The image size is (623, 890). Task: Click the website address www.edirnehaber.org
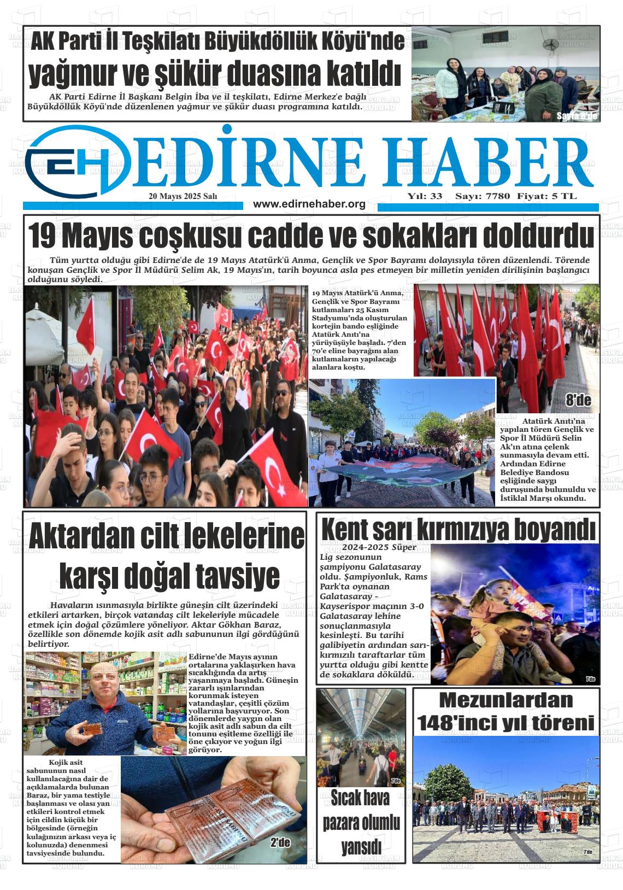click(309, 204)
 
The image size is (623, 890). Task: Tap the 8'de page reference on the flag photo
click(578, 401)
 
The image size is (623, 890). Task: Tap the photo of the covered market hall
click(361, 737)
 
